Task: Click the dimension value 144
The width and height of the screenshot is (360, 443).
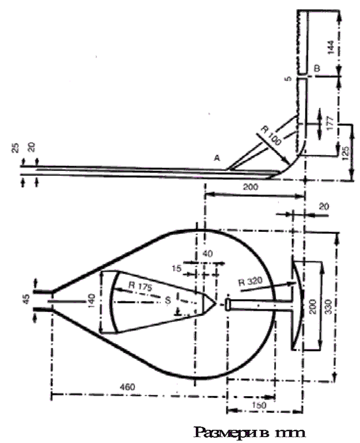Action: pos(331,47)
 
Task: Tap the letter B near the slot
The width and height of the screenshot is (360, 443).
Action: pos(317,68)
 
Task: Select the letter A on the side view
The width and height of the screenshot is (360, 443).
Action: pos(217,158)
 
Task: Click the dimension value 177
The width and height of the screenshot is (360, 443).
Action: pos(331,122)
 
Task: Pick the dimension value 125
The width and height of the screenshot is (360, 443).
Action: pos(346,153)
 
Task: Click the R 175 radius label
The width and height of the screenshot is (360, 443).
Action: pos(141,286)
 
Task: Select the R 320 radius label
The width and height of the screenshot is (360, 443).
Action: pos(251,281)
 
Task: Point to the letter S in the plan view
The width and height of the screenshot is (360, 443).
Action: pos(168,300)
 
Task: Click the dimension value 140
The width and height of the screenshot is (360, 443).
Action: pos(92,301)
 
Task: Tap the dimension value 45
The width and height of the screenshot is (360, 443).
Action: pos(26,299)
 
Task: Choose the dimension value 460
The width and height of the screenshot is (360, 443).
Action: pos(128,387)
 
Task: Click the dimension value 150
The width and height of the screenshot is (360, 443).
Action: pos(258,405)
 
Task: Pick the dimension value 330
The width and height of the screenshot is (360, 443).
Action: pos(328,306)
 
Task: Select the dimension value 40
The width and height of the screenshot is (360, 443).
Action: pos(208,253)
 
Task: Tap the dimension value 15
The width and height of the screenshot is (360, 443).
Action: pos(176,268)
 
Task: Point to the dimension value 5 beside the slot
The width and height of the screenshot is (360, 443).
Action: pos(288,78)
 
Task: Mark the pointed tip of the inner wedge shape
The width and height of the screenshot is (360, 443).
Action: pos(216,304)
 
